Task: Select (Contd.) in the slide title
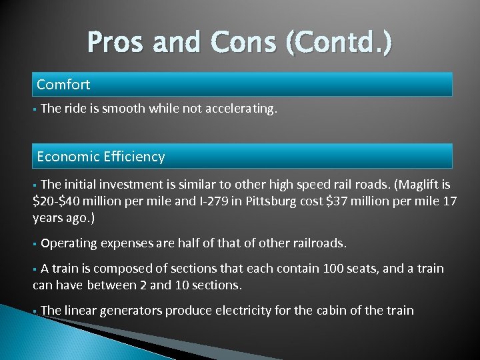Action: (339, 43)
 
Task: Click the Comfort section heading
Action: (63, 85)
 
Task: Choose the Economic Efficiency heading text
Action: (101, 157)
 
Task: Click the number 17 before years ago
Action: (450, 201)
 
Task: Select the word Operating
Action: (70, 243)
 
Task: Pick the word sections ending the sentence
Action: (216, 285)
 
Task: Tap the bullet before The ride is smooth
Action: (35, 109)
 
